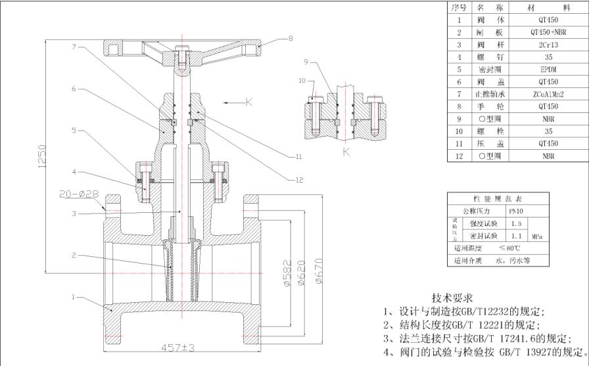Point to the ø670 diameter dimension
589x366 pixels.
(x=318, y=269)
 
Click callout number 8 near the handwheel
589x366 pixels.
(x=290, y=39)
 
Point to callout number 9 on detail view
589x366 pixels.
(x=306, y=62)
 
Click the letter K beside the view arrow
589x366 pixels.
(x=249, y=102)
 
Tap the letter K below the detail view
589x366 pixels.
(x=346, y=152)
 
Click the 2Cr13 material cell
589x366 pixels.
(x=548, y=44)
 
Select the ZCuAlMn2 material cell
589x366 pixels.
(x=548, y=94)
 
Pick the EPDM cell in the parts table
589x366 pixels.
(x=548, y=69)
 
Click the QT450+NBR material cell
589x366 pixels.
(x=548, y=32)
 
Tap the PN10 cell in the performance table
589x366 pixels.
(x=516, y=211)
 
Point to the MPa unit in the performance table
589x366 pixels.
(x=536, y=235)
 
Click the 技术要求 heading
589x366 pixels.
(x=452, y=298)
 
